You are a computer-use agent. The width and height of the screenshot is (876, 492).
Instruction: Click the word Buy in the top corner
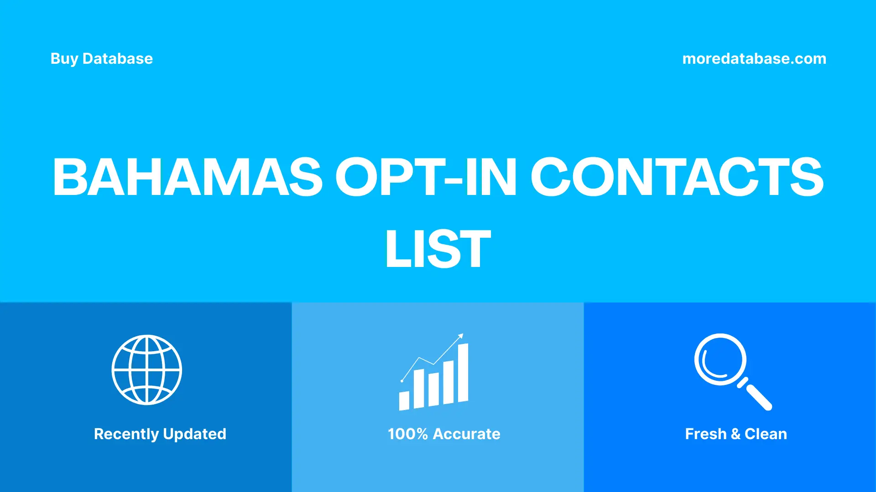[x=64, y=59]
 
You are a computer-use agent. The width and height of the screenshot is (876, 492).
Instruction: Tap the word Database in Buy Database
[x=117, y=59]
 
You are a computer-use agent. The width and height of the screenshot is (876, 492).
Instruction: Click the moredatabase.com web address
[x=754, y=59]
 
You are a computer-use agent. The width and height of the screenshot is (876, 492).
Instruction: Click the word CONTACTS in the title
[x=677, y=177]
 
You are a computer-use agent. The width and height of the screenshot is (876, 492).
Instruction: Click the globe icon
[x=147, y=369]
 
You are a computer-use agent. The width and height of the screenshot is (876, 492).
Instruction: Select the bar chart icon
[x=433, y=378]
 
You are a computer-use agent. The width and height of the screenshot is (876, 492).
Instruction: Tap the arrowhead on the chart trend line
[x=461, y=336]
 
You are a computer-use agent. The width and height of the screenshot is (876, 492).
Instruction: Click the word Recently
[x=126, y=434]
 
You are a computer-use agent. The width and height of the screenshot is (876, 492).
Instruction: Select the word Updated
[x=194, y=434]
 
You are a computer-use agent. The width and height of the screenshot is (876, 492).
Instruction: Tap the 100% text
[x=407, y=434]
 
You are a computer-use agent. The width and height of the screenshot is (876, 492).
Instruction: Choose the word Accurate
[x=466, y=434]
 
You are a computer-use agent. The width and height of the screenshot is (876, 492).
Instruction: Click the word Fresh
[x=705, y=434]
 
